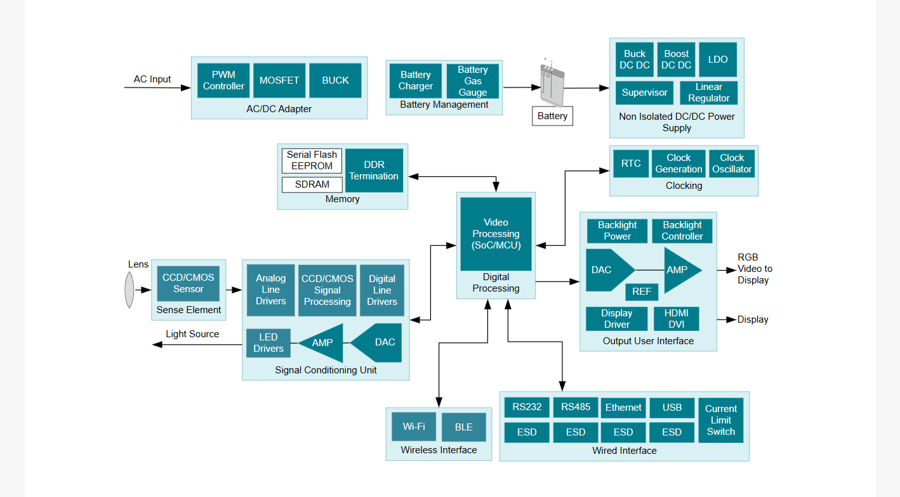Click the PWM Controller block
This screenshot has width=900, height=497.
click(223, 81)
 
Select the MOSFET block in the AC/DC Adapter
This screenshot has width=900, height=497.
click(279, 81)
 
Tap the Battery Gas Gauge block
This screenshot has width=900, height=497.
click(472, 81)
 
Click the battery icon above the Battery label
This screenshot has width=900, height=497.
click(552, 84)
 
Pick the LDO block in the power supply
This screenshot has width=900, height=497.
click(718, 60)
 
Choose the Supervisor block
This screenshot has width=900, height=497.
click(644, 93)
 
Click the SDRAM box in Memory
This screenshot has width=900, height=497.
click(312, 184)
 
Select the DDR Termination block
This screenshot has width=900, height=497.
click(374, 171)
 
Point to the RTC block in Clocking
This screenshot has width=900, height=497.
click(631, 164)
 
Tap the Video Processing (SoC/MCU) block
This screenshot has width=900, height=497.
click(496, 234)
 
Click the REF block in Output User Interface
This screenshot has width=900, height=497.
click(642, 292)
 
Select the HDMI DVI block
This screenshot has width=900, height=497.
click(676, 319)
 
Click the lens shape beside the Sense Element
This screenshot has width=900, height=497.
click(129, 290)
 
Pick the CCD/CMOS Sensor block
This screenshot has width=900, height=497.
click(188, 283)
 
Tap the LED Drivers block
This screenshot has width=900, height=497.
click(268, 343)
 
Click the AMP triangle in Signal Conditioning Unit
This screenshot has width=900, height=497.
click(322, 343)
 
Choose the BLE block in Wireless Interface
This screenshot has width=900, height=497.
click(464, 427)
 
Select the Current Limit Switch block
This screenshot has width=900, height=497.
click(721, 420)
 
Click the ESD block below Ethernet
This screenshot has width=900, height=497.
click(623, 432)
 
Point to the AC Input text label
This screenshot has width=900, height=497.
click(152, 79)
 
